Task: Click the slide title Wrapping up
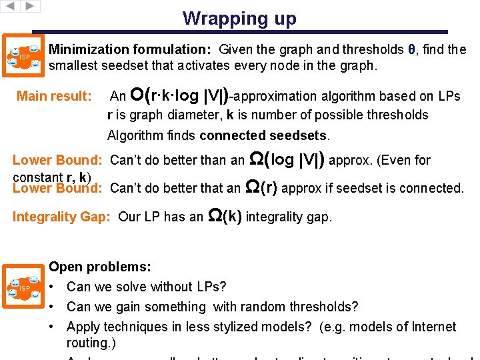[x=239, y=18]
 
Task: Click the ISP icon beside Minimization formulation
[x=24, y=57]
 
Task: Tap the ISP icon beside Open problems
[x=24, y=287]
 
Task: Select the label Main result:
[x=54, y=96]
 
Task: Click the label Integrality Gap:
[x=63, y=217]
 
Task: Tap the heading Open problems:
[x=100, y=267]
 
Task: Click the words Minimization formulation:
[x=131, y=49]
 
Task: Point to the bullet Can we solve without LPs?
[x=147, y=287]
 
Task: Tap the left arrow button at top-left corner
[x=9, y=6]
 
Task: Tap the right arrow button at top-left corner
[x=30, y=6]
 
